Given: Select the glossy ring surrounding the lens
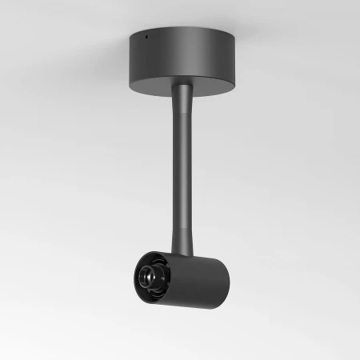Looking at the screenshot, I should (x=142, y=276).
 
